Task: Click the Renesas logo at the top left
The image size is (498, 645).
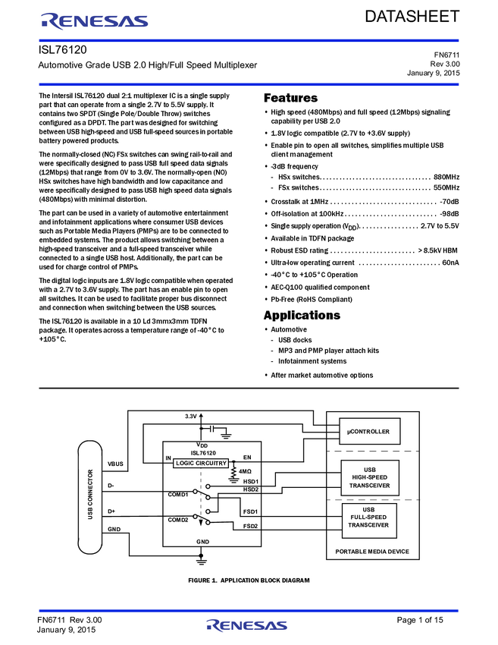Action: [x=95, y=21]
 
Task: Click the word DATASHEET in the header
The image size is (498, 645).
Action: [x=412, y=17]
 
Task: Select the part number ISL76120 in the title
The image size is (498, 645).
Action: [x=62, y=50]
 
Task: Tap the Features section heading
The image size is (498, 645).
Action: [x=290, y=98]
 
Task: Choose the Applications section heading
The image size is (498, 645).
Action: [x=302, y=315]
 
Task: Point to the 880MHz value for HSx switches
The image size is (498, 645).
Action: [x=446, y=177]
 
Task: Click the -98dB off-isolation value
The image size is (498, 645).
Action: [x=449, y=214]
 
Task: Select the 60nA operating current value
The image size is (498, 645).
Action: [x=450, y=263]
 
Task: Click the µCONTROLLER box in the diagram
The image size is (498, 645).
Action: [x=369, y=432]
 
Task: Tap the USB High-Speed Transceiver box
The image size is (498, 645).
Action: [x=370, y=477]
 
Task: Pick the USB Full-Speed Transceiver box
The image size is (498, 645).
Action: [x=369, y=521]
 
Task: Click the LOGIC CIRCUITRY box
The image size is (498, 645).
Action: [x=201, y=463]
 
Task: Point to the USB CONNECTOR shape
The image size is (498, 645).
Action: [x=90, y=497]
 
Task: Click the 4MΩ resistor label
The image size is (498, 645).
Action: [x=245, y=471]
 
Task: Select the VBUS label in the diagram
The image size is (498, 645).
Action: [x=115, y=464]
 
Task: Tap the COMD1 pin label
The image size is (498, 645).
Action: [x=178, y=495]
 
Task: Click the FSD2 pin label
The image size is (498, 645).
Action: [x=250, y=526]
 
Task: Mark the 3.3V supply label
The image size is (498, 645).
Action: [x=191, y=417]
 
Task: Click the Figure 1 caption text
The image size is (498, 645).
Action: [x=249, y=580]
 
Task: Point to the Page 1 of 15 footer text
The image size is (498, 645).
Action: [x=420, y=620]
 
